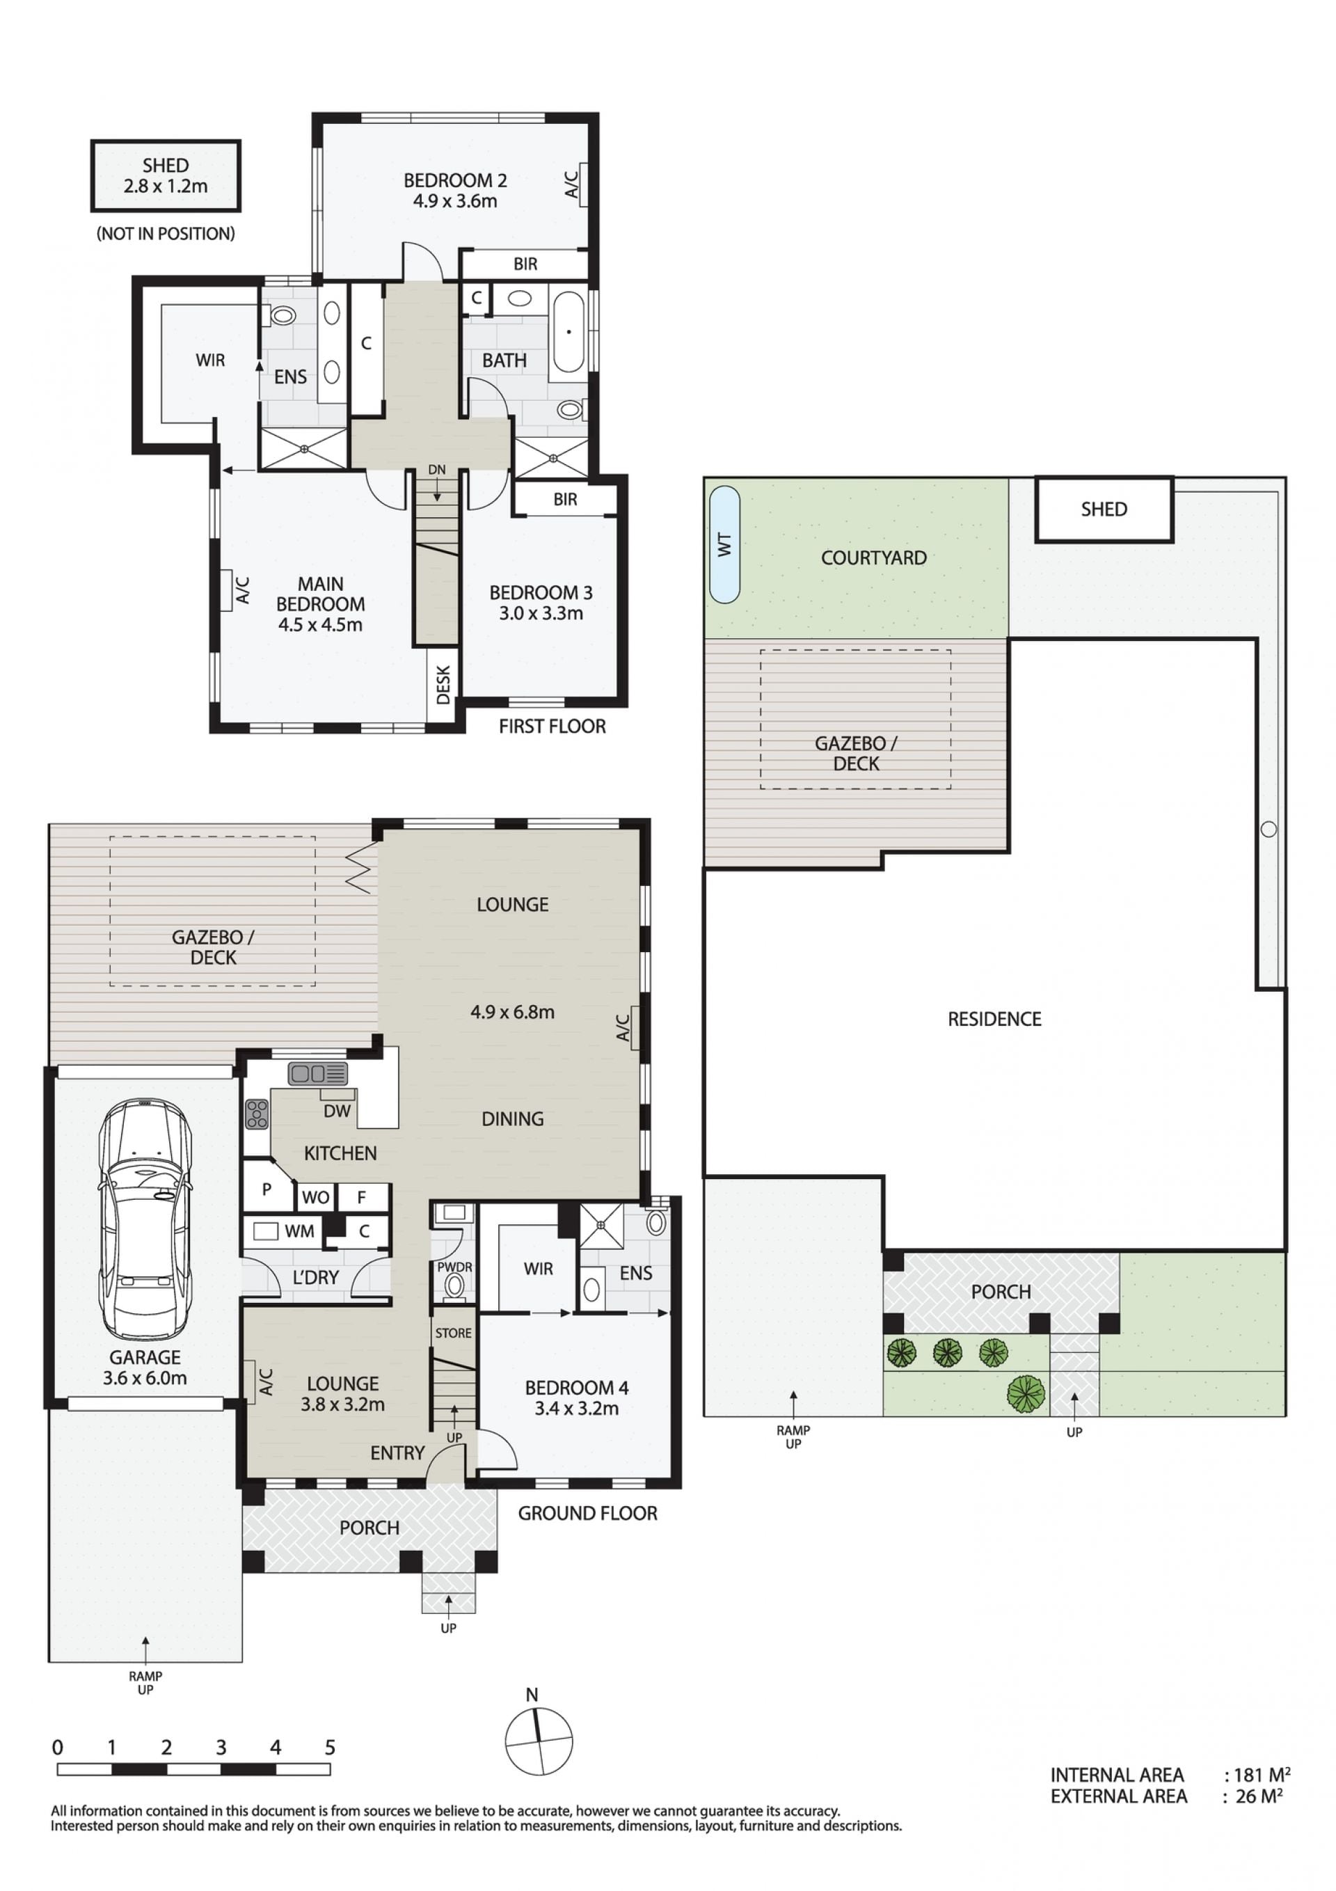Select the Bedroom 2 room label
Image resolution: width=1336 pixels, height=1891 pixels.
coord(454,190)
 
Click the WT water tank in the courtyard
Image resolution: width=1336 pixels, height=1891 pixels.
coord(724,544)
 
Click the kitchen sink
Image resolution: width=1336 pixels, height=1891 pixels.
coord(317,1074)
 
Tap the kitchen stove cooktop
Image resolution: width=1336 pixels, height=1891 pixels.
coord(257,1114)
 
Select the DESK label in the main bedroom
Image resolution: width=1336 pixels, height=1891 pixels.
coord(443,686)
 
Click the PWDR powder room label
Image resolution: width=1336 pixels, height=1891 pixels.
coord(454,1267)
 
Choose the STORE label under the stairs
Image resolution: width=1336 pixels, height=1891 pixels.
coord(453,1333)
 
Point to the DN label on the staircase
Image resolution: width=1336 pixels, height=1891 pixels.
coord(436,470)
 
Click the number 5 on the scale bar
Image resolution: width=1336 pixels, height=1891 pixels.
coord(329,1747)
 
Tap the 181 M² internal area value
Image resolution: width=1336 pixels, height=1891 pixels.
coord(1261,1775)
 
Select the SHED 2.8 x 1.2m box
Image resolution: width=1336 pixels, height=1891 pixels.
coord(166,175)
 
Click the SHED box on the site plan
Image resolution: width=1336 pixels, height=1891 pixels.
coord(1104,509)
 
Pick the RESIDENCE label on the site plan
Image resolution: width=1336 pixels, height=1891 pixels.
coord(994,1019)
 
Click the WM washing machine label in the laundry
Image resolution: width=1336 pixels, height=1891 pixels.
coord(299,1231)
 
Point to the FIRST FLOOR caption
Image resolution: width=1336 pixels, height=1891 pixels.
coord(552,726)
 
